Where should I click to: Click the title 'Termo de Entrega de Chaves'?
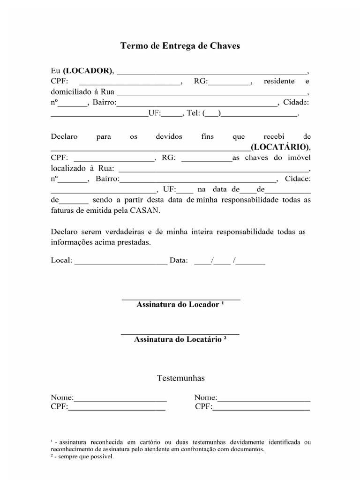point(180,46)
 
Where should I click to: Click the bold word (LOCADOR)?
point(88,71)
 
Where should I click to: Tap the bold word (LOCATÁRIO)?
point(280,147)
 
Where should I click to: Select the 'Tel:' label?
point(193,113)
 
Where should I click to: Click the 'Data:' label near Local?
point(179,260)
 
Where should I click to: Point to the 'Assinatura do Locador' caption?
point(180,305)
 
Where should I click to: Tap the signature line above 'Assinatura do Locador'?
point(181,299)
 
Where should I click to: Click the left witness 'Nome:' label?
point(62,398)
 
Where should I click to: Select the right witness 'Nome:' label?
point(206,398)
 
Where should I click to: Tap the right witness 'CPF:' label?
point(203,406)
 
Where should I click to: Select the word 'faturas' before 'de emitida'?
point(62,210)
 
